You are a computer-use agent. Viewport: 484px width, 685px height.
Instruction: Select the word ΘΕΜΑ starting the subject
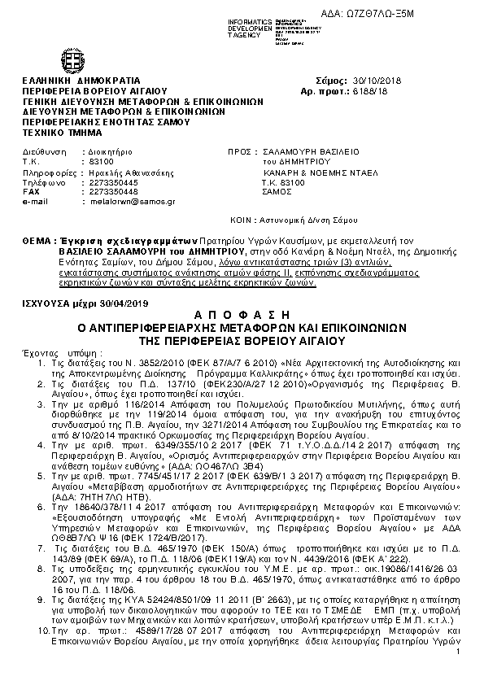click(40, 242)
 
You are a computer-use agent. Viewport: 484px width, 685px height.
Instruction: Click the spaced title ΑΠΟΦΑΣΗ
click(242, 313)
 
